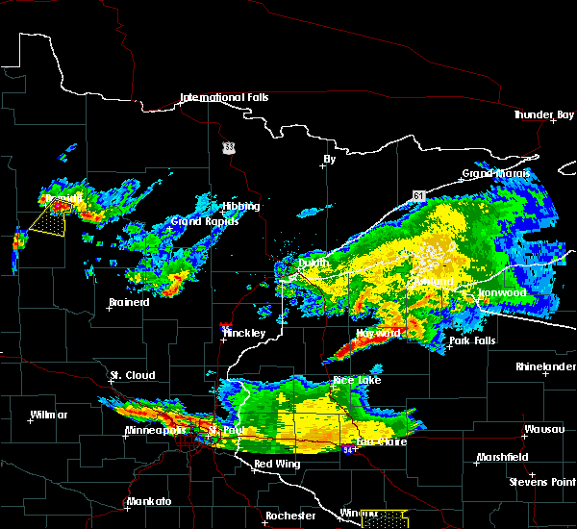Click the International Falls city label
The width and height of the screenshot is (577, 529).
coord(224,97)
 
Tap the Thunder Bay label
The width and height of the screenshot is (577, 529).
coord(543,114)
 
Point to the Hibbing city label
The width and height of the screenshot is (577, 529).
coord(239,206)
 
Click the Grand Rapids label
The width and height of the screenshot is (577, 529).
coord(199,221)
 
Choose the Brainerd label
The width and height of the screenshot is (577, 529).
coord(129,302)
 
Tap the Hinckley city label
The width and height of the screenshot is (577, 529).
coord(244,333)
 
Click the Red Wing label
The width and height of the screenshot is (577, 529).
coord(277,464)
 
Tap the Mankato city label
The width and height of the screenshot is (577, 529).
coord(149,502)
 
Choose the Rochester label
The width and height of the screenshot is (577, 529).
coord(290,516)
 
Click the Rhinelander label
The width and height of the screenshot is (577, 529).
coord(543,366)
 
